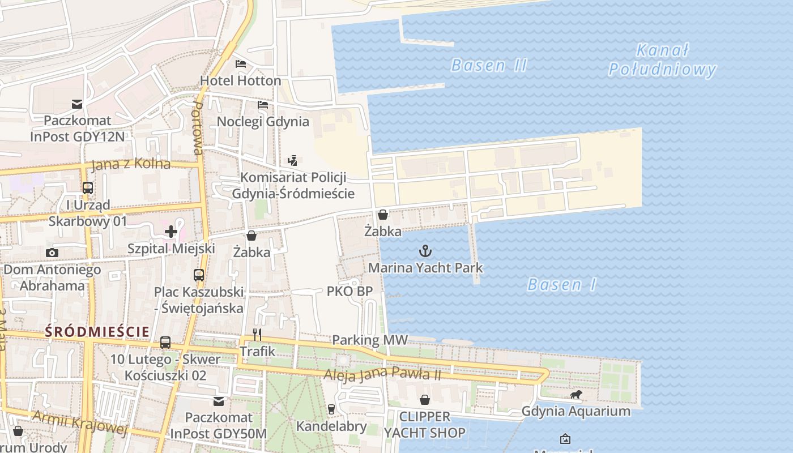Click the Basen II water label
[x=489, y=65]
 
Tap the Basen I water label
[x=561, y=284]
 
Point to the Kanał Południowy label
[x=662, y=60]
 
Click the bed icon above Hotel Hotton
[x=241, y=63]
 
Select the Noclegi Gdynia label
[x=263, y=122]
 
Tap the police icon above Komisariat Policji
[x=292, y=160]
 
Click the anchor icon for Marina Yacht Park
[x=425, y=250]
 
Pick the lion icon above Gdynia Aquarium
[x=575, y=394]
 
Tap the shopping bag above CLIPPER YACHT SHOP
[x=425, y=400]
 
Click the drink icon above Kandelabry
[x=331, y=409]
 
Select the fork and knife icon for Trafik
[x=257, y=335]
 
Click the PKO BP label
[x=349, y=291]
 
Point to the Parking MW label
[x=369, y=340]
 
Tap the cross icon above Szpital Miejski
[x=171, y=231]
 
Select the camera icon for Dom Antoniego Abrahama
[x=52, y=253]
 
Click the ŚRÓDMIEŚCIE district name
[x=97, y=331]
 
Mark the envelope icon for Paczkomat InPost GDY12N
[x=77, y=104]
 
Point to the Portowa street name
[x=197, y=129]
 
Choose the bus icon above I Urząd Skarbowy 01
[x=88, y=187]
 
